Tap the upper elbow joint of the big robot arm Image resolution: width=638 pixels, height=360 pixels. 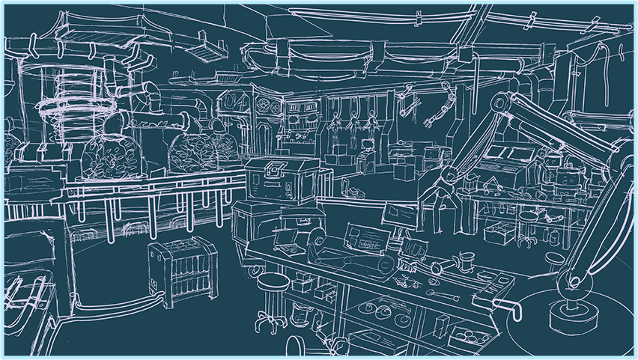pyautogui.click(x=500, y=104)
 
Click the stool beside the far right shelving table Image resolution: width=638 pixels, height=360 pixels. pyautogui.click(x=529, y=228)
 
